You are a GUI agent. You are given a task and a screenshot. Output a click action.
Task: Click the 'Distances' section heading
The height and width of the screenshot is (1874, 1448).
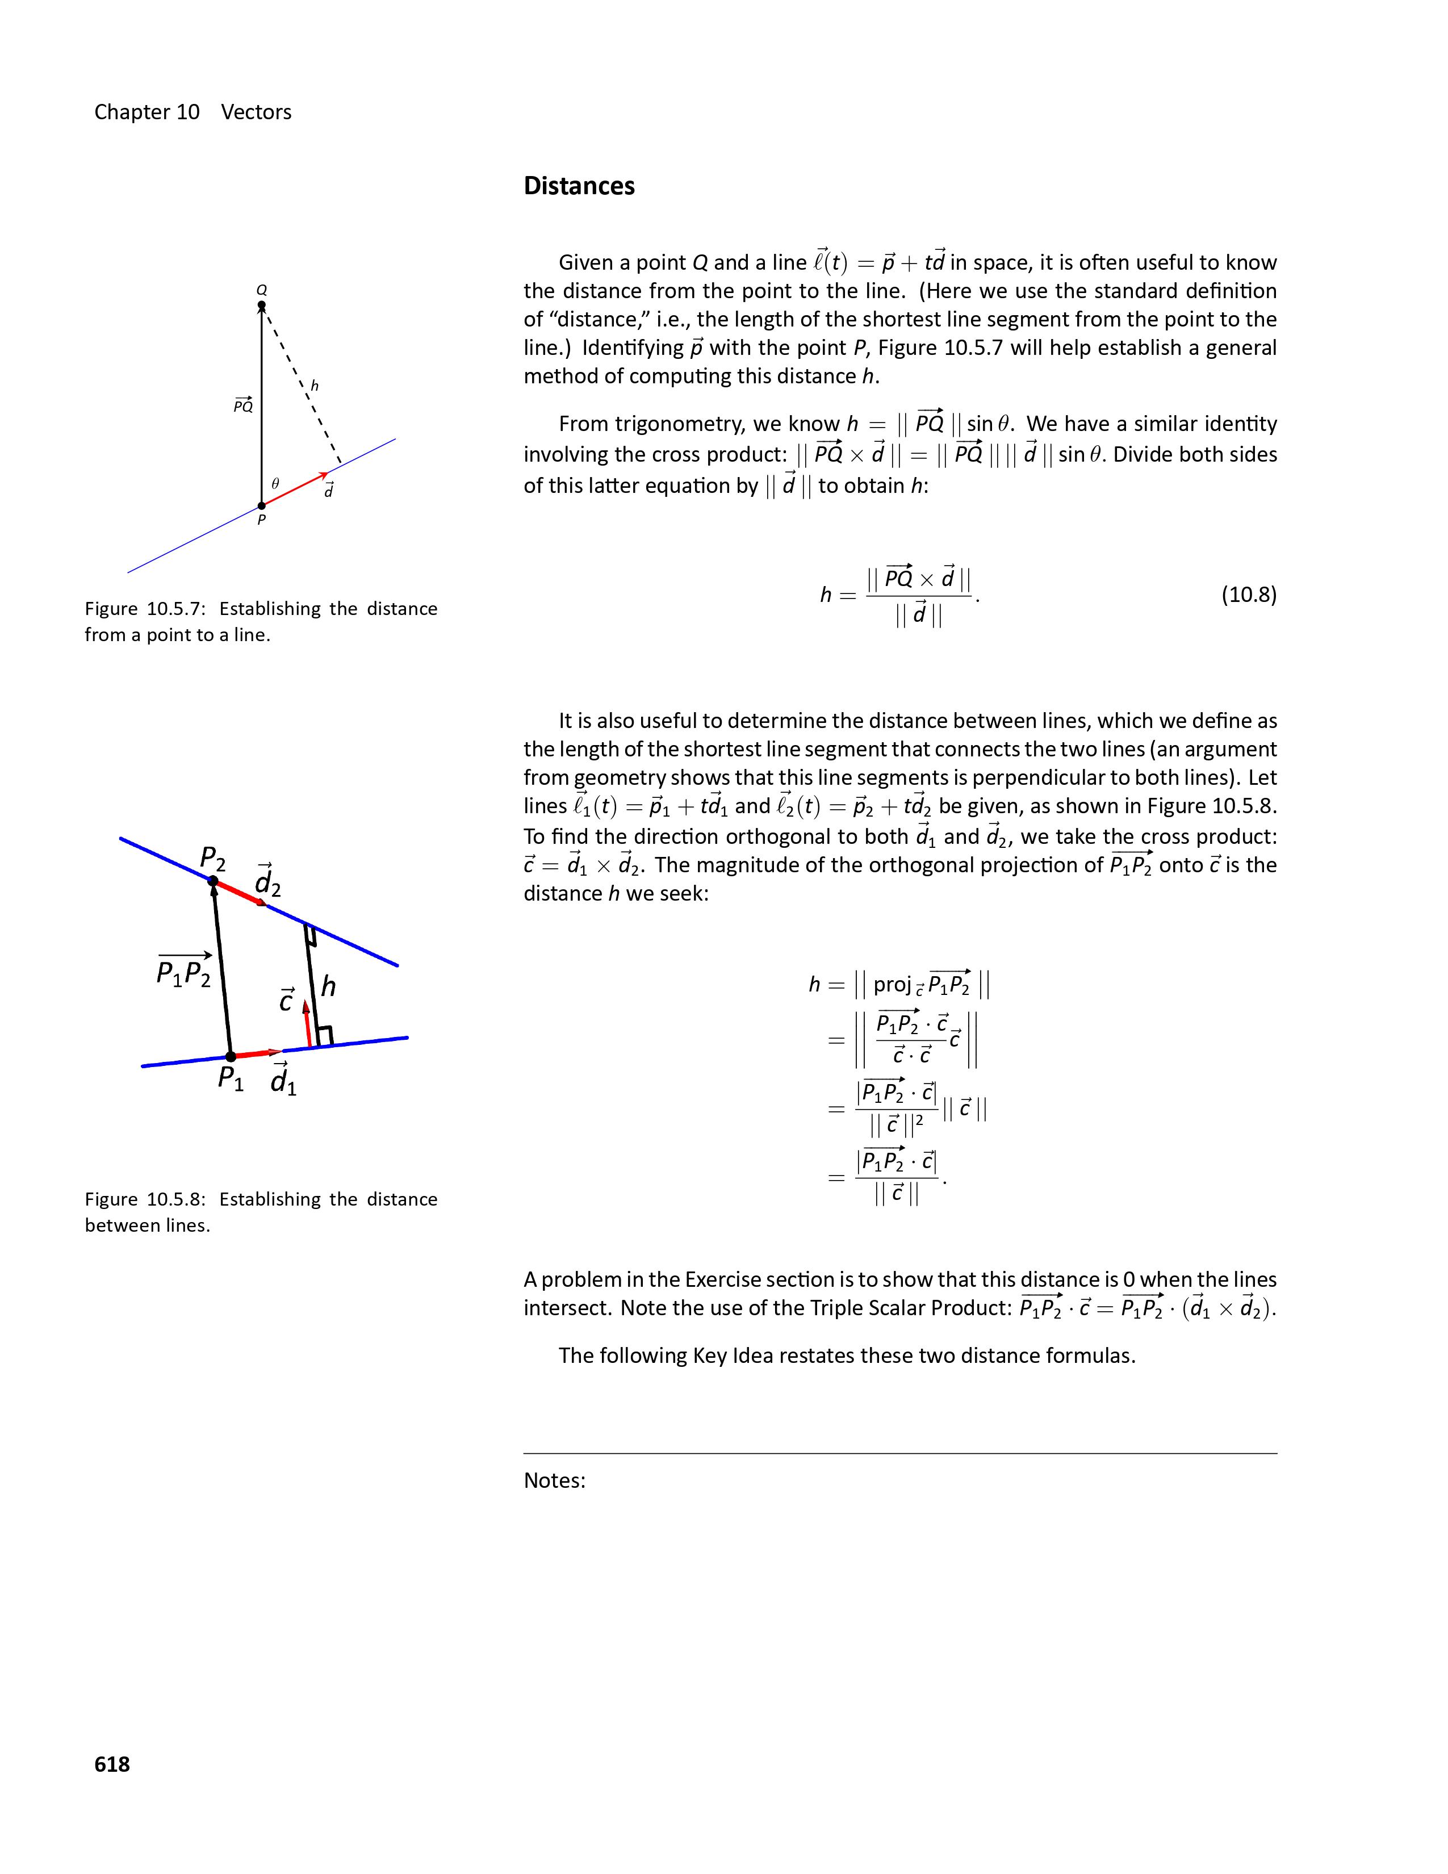pyautogui.click(x=579, y=186)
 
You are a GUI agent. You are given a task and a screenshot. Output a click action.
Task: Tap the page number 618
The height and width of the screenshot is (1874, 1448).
pyautogui.click(x=112, y=1763)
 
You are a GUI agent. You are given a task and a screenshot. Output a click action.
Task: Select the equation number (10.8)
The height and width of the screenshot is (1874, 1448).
pyautogui.click(x=1248, y=595)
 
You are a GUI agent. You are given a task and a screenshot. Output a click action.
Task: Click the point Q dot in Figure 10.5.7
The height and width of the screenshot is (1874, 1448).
pyautogui.click(x=262, y=306)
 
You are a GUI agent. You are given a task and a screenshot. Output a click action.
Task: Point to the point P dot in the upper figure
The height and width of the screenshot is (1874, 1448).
pyautogui.click(x=262, y=505)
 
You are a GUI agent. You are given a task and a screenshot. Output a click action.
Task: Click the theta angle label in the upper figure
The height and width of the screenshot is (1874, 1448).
pyautogui.click(x=275, y=484)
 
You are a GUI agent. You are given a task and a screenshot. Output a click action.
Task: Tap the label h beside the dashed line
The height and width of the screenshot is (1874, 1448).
pyautogui.click(x=315, y=386)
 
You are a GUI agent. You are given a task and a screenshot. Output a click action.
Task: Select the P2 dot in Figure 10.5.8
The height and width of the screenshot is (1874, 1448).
pyautogui.click(x=214, y=880)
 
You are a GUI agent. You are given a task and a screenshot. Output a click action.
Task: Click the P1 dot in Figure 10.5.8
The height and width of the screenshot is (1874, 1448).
pyautogui.click(x=230, y=1056)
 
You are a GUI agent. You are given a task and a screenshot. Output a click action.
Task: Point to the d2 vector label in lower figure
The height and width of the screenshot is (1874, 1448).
pyautogui.click(x=267, y=882)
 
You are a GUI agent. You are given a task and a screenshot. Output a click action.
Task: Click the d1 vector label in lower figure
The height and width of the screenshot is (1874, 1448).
pyautogui.click(x=283, y=1080)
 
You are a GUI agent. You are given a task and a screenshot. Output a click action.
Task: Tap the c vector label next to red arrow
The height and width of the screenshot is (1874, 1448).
pyautogui.click(x=287, y=999)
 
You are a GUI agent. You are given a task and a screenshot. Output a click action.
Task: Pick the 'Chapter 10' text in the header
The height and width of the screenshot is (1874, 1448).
pyautogui.click(x=147, y=112)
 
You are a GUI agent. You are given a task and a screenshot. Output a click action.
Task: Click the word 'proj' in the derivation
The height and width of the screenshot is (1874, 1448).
pyautogui.click(x=892, y=984)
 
